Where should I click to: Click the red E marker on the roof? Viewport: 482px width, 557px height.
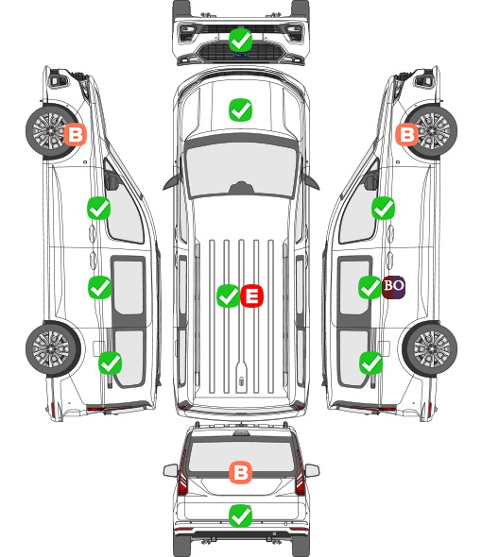251,295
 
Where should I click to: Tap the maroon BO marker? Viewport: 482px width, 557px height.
394,287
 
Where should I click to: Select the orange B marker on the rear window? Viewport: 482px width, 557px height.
241,472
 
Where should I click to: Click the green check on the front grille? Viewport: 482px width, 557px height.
241,40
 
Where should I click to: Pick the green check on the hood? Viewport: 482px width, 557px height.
241,110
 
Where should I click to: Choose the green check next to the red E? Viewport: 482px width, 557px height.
228,295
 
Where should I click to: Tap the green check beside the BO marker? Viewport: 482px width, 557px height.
370,287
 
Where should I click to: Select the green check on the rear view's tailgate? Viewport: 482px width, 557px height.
241,515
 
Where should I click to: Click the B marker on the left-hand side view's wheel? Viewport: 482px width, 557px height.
75,135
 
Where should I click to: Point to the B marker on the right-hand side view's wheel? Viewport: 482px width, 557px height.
407,135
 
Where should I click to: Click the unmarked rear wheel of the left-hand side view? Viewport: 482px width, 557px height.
53,349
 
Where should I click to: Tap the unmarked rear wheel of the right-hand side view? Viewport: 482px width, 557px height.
430,349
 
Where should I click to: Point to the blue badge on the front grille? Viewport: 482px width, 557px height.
241,55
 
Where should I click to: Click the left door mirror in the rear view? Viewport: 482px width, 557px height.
170,470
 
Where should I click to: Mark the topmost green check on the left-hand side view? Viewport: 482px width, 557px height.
99,208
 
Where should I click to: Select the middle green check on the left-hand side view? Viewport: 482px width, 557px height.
99,287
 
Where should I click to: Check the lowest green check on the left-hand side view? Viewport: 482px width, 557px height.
111,363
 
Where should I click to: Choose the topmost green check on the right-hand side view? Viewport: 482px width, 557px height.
383,208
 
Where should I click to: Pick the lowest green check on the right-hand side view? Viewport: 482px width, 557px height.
371,363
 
